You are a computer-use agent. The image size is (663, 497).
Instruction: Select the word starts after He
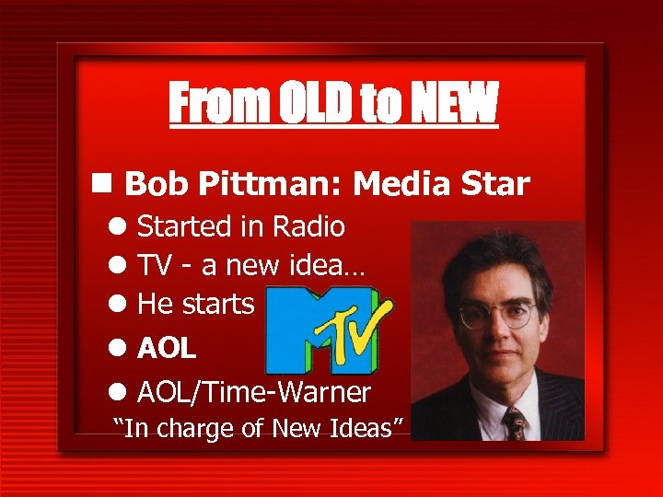220,304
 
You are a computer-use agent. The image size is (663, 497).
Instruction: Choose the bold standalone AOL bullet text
167,348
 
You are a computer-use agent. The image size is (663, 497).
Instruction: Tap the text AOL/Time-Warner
254,393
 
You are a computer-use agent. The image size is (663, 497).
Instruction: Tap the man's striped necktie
514,422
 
